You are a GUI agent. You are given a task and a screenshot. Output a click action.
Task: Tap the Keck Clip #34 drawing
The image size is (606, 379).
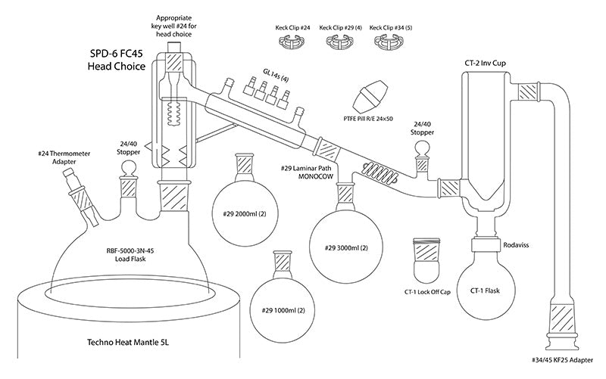(389, 42)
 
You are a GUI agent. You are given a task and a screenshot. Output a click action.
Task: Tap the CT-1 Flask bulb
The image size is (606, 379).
(486, 290)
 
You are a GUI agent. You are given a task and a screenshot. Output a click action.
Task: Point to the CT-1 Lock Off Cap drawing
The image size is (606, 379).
(426, 260)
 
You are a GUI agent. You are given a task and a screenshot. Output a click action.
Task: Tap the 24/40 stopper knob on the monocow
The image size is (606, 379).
(422, 149)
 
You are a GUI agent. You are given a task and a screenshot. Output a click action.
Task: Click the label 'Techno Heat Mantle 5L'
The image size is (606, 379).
(128, 342)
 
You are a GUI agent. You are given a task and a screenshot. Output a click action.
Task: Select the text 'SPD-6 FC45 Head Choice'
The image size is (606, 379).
(116, 60)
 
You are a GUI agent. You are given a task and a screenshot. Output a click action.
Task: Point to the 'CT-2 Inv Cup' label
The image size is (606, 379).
(485, 63)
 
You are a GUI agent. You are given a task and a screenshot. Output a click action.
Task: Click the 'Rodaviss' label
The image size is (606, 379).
(516, 244)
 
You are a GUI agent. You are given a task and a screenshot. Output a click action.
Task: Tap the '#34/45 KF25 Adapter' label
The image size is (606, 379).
(562, 360)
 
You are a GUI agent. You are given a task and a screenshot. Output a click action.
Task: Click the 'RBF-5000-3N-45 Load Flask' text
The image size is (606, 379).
(130, 255)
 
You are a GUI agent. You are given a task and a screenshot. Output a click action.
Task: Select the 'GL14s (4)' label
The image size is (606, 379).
(276, 75)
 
